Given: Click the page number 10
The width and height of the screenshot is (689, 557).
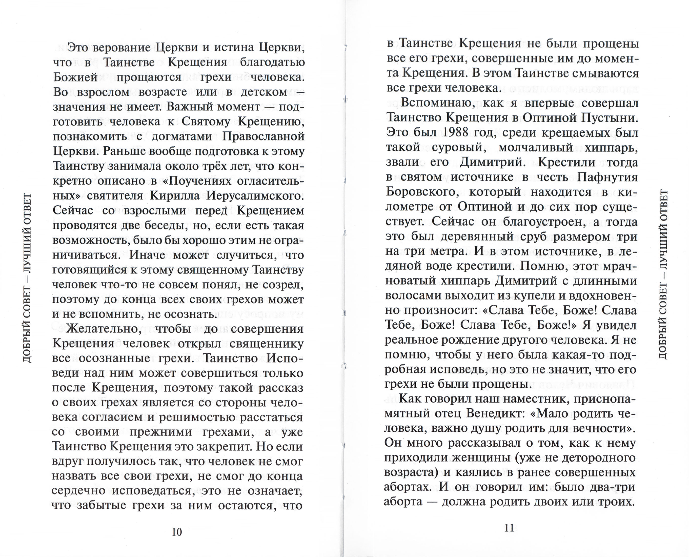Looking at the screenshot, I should coord(177,532).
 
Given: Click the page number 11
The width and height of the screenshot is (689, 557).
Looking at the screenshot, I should coord(509,528).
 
